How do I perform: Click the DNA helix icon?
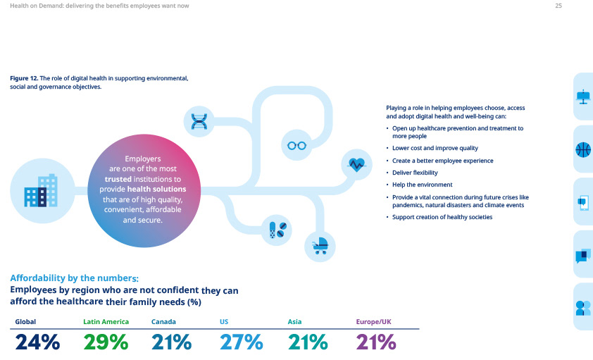199,121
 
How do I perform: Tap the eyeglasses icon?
295,145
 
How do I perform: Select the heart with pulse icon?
357,164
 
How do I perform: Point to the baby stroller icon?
320,245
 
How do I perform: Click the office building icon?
40,190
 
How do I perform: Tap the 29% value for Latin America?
106,342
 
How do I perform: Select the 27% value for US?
241,342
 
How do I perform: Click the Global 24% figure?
37,342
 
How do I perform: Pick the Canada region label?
163,322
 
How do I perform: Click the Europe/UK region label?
373,322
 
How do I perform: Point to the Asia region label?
294,322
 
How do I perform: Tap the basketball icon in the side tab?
582,149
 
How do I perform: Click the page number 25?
558,6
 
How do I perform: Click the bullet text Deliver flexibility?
415,173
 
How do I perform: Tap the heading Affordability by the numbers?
73,278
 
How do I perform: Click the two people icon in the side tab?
582,308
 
